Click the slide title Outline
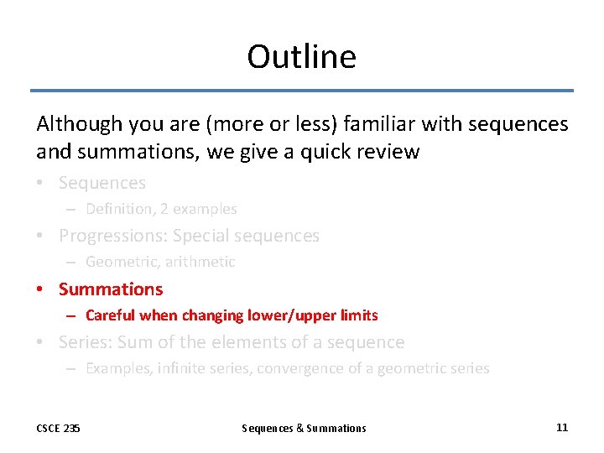click(301, 57)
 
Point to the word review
click(391, 152)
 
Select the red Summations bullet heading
click(111, 289)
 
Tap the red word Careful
click(111, 315)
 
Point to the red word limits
click(362, 315)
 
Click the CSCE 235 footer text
click(58, 428)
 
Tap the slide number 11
click(561, 427)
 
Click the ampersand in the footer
click(301, 428)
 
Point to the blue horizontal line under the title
click(301, 91)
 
